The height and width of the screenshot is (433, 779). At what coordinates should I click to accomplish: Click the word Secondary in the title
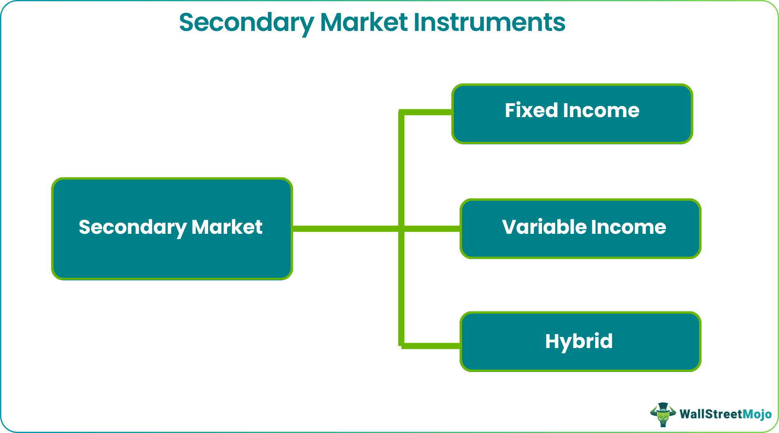(x=246, y=23)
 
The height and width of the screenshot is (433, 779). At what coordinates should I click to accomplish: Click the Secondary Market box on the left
(x=172, y=256)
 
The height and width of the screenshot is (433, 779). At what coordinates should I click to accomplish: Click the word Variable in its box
(x=544, y=227)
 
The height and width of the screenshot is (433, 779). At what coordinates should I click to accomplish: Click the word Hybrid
(x=579, y=341)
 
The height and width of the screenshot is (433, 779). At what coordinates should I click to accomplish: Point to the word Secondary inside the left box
(x=133, y=228)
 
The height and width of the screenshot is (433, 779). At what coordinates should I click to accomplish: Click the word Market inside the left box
(x=227, y=227)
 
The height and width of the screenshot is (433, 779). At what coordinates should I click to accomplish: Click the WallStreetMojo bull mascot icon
(x=663, y=414)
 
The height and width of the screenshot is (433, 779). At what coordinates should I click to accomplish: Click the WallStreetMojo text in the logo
(x=725, y=414)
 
